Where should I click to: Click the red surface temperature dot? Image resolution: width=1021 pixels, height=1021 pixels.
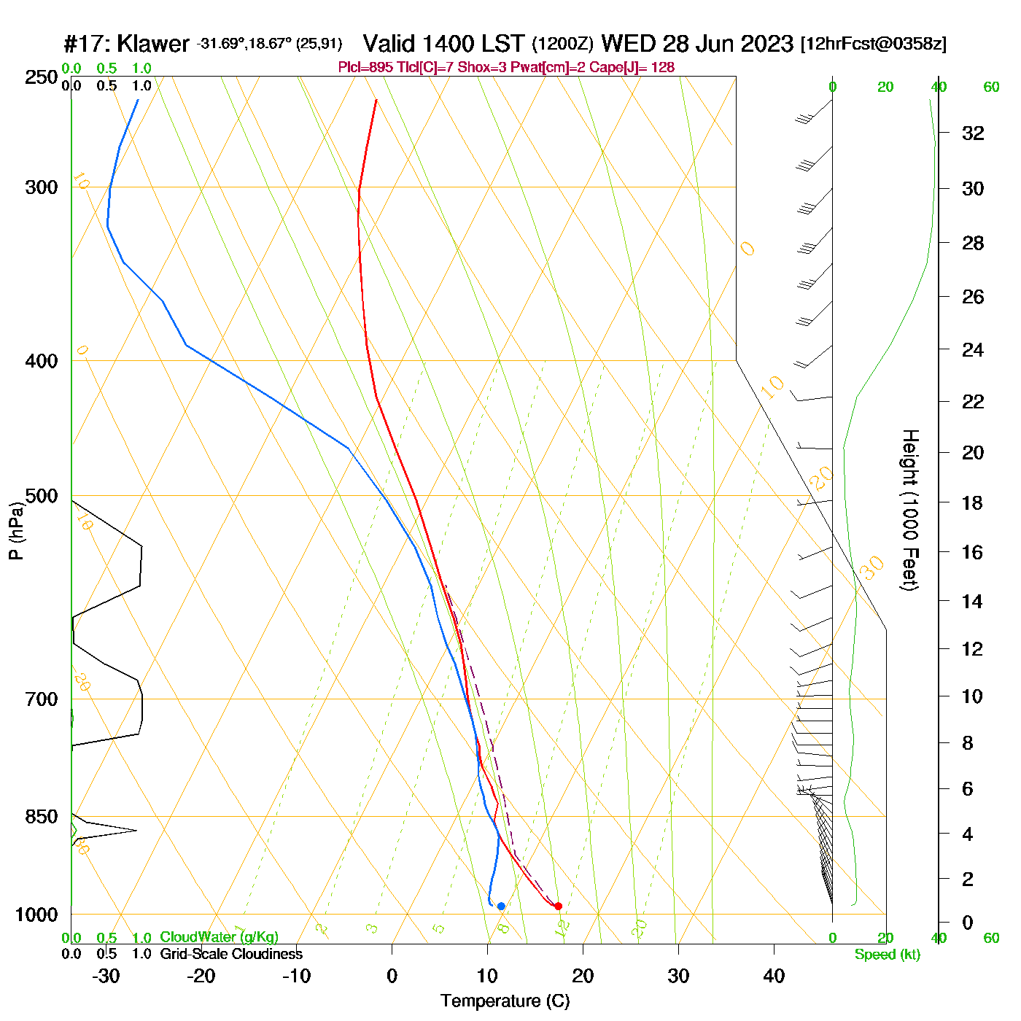[x=558, y=906]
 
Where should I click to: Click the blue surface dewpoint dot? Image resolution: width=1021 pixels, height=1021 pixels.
[x=501, y=906]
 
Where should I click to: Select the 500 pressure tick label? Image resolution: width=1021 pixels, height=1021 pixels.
[x=42, y=496]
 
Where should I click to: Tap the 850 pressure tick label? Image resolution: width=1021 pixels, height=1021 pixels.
[x=42, y=817]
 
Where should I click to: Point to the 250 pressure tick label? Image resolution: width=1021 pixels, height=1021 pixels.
[x=42, y=77]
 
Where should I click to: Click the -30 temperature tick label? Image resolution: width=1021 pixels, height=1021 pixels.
[x=106, y=976]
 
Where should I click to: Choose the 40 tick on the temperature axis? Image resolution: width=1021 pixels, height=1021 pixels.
[x=774, y=976]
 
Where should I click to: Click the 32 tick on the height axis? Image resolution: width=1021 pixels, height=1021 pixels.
[x=973, y=133]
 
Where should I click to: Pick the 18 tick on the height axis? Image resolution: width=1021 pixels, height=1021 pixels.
[x=973, y=502]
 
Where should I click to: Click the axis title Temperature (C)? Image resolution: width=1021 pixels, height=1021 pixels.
[x=505, y=1001]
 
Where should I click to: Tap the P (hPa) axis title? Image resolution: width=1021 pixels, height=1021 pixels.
[x=16, y=531]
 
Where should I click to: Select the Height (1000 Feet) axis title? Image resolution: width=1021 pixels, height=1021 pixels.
[x=909, y=510]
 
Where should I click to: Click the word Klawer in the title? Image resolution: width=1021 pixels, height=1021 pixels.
[x=153, y=44]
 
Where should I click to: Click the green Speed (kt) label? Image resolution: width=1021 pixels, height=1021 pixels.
[x=887, y=955]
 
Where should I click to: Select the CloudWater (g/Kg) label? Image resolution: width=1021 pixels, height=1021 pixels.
[x=219, y=937]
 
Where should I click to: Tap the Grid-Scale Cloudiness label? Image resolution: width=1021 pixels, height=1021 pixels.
[x=231, y=954]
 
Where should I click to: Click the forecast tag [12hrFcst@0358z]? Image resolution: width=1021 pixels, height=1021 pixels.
[x=873, y=44]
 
